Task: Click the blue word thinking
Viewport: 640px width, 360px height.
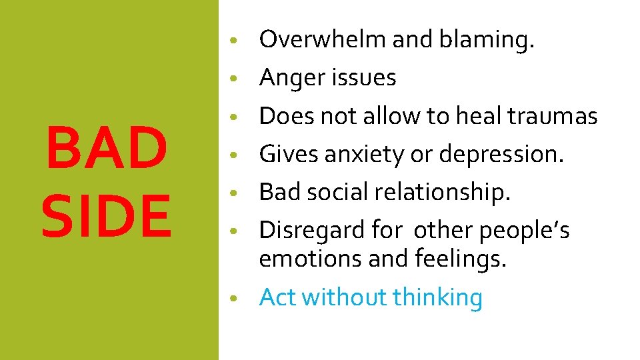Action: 438,297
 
